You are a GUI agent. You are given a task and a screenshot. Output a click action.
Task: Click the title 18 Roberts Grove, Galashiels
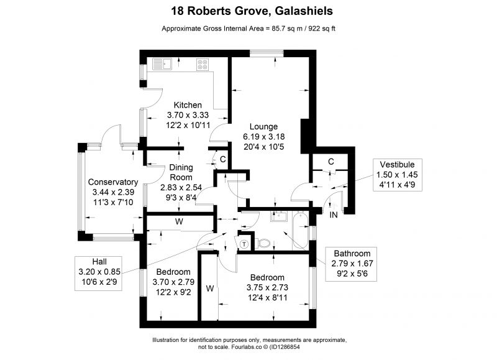248,11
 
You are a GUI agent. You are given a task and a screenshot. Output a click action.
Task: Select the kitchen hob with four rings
203,63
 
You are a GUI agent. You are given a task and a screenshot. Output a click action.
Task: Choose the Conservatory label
112,182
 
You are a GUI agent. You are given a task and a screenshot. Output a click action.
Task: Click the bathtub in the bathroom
301,230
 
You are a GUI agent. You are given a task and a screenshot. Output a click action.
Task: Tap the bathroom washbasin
278,217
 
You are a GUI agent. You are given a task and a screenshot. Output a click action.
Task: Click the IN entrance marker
334,215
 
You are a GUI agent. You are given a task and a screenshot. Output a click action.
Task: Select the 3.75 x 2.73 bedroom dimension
268,287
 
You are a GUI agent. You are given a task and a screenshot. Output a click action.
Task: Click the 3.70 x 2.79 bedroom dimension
173,282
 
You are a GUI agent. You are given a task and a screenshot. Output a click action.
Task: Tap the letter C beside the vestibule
331,162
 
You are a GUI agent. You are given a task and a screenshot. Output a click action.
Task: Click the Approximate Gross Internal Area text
248,29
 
